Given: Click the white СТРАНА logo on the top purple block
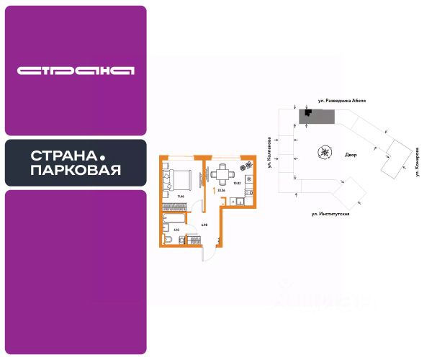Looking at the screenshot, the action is tap(76, 71).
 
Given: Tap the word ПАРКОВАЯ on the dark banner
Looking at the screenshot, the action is tap(76, 171).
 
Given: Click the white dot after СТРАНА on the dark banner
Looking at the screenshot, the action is tap(102, 156).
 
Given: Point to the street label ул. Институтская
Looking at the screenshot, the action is tap(330, 214).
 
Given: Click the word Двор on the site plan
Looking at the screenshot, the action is tap(351, 154).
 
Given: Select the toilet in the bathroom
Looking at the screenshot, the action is tap(167, 239).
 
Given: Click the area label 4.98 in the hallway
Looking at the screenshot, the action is tap(204, 225).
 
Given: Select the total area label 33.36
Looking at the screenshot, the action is tap(221, 191).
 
